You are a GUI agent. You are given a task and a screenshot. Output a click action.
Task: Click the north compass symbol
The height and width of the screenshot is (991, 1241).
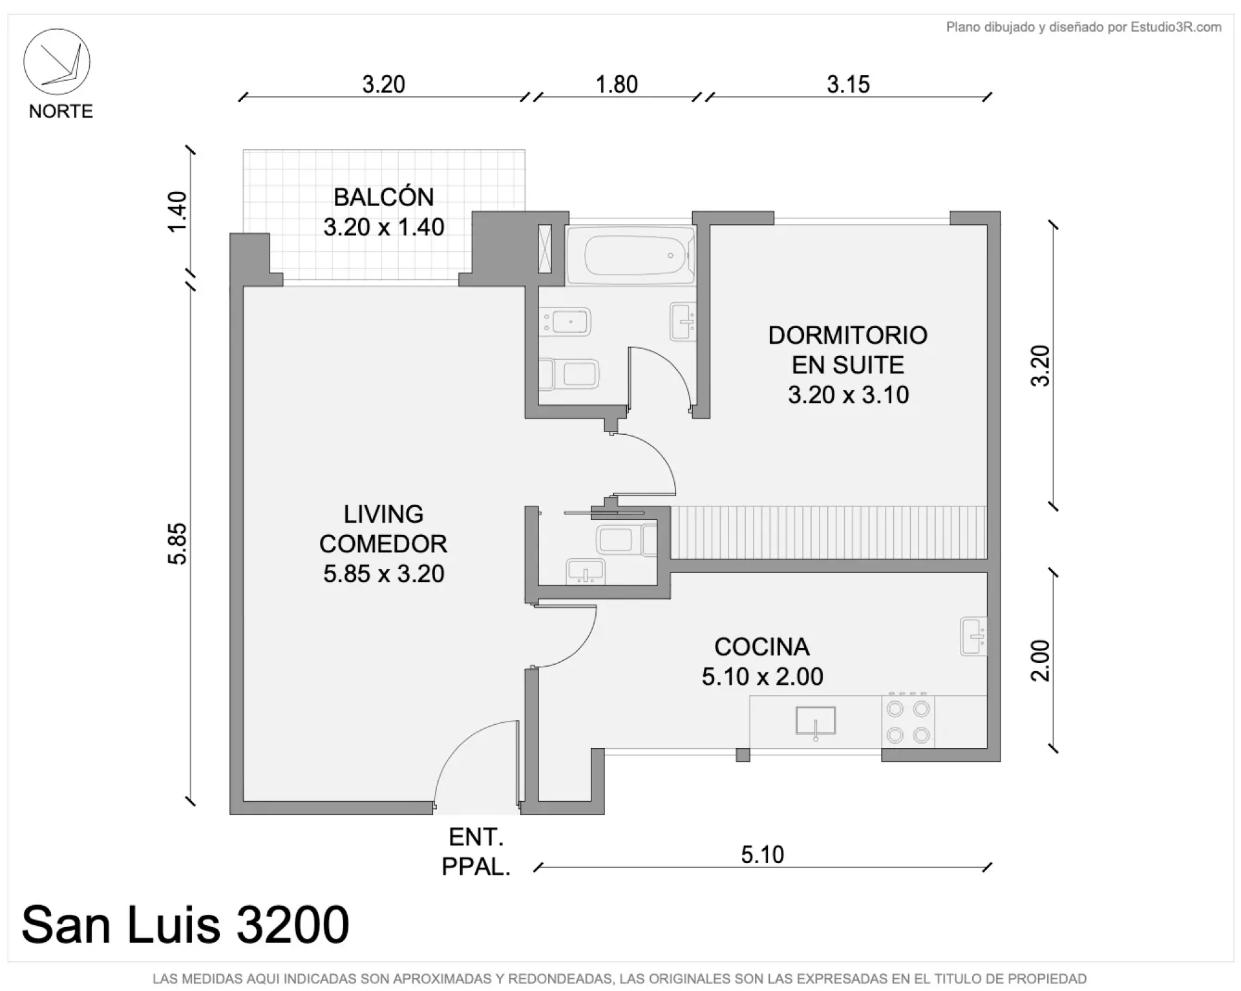click(57, 62)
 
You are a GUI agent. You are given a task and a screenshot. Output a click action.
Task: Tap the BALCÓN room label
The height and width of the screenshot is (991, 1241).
click(384, 197)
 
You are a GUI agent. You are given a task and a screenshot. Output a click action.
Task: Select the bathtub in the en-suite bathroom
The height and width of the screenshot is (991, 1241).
click(630, 255)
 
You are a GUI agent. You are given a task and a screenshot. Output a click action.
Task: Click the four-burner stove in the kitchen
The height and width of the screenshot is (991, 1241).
click(907, 722)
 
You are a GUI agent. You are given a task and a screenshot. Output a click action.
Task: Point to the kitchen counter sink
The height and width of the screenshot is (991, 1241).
click(816, 722)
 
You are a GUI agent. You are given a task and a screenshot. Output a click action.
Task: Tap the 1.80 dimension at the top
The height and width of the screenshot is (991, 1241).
click(617, 85)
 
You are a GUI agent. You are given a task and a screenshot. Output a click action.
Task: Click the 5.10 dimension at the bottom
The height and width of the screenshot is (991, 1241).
click(762, 855)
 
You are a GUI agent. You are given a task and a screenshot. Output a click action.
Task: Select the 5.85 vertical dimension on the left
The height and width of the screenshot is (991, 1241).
click(177, 543)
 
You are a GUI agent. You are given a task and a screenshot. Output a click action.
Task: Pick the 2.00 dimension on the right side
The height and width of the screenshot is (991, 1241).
click(1039, 660)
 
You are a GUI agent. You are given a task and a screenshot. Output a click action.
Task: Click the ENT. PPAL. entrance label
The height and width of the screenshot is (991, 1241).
click(476, 852)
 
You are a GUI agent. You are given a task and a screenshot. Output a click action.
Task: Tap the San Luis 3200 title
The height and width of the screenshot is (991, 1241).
click(186, 924)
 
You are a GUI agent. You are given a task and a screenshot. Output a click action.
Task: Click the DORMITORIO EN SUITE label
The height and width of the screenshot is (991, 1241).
click(848, 350)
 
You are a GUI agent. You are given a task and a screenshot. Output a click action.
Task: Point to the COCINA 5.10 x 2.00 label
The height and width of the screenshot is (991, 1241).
click(762, 662)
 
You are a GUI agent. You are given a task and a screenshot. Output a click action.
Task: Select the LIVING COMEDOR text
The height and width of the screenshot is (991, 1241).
click(383, 529)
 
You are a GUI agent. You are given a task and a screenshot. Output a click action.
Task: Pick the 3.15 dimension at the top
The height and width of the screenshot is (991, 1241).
click(848, 85)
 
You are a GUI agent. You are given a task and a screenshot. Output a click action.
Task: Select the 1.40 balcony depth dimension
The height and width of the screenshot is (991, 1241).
click(177, 211)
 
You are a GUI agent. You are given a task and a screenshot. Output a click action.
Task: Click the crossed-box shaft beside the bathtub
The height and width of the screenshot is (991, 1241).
click(545, 247)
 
